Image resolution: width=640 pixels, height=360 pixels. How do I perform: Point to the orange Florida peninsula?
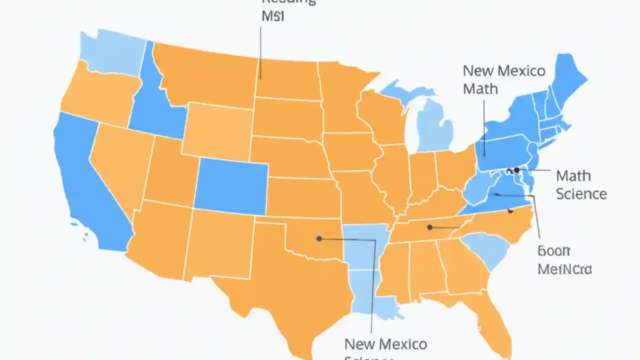coord(492,320)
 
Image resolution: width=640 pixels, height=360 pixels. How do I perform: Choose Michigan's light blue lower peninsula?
coord(435,125)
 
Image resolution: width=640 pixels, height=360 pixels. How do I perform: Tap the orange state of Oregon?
coord(100,95)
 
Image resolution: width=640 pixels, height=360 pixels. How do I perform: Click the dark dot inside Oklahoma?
coord(319,238)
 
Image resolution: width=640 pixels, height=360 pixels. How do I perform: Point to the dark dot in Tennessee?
coord(429,227)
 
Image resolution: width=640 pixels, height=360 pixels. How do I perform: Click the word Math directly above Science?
coord(573,176)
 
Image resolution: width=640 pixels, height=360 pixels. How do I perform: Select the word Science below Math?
coord(581,194)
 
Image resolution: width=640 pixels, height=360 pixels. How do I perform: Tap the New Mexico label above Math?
coord(503,70)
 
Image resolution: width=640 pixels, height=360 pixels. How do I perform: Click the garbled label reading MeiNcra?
coord(564,269)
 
